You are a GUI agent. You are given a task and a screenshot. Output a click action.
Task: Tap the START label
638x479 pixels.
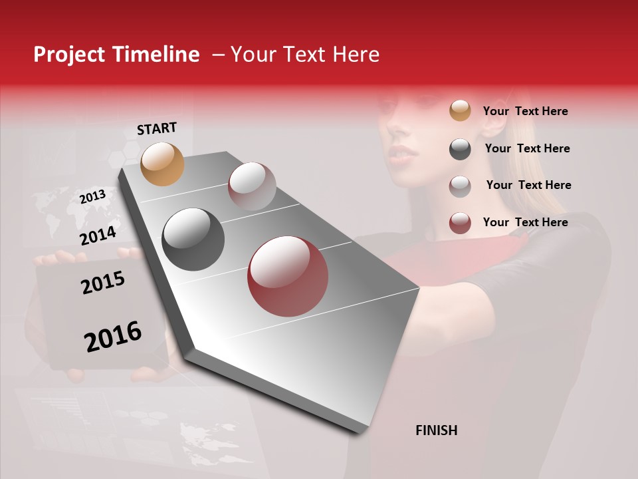click(x=157, y=128)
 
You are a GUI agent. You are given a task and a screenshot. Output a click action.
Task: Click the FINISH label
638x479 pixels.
click(x=436, y=430)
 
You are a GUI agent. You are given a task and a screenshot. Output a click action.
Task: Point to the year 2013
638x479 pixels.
click(x=92, y=196)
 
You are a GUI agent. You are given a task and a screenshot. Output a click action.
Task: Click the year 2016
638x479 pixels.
click(x=113, y=336)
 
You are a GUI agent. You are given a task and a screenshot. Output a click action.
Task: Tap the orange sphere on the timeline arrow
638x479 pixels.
click(x=163, y=164)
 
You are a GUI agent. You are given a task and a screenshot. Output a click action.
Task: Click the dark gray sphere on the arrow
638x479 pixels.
click(x=193, y=239)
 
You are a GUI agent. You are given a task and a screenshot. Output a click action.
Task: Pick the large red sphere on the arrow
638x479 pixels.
click(x=287, y=276)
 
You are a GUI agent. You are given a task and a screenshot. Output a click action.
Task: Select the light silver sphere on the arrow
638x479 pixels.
click(x=252, y=186)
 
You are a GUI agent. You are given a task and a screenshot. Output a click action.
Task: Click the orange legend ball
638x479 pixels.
click(x=460, y=110)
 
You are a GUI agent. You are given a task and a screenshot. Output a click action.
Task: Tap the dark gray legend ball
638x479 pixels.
click(x=460, y=149)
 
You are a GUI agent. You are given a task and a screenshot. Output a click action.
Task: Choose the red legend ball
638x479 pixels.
click(x=460, y=223)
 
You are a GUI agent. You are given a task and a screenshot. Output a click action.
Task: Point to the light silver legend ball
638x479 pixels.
click(x=460, y=186)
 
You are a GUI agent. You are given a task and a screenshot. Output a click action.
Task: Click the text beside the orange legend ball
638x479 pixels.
click(x=525, y=111)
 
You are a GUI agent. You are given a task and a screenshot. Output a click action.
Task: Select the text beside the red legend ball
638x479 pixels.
click(x=525, y=222)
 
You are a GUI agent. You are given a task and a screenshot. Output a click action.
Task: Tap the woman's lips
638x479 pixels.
click(x=403, y=152)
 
